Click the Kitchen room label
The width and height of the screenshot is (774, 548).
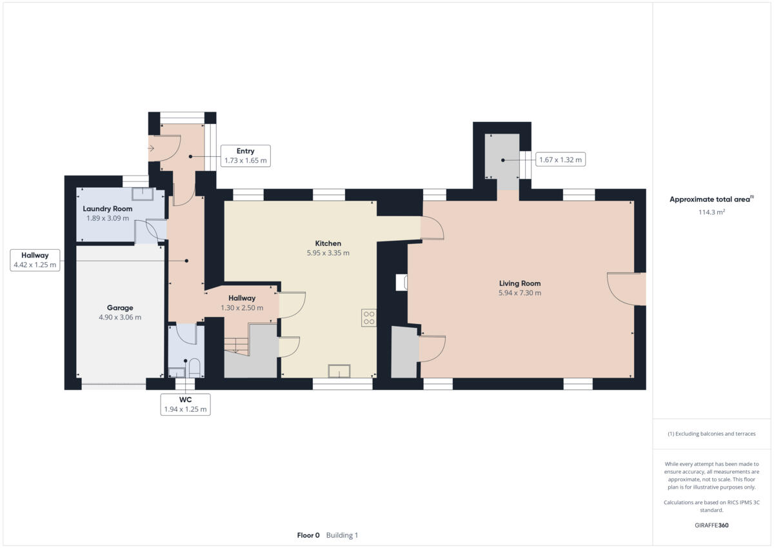point(328,243)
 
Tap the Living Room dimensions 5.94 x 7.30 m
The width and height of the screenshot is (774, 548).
point(519,293)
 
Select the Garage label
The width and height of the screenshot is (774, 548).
point(119,308)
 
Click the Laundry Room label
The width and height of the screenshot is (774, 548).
point(108,208)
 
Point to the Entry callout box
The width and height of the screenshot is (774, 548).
point(245,156)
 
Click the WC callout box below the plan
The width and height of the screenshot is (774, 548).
point(185,404)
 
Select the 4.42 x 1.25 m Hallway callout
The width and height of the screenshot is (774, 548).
point(35,259)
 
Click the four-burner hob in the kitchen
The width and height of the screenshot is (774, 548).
point(369,318)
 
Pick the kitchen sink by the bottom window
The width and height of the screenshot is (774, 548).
point(339,370)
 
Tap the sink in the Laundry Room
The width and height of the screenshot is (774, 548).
point(141,194)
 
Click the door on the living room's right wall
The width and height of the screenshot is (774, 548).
point(626,289)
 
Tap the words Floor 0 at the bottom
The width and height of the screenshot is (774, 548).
point(308,535)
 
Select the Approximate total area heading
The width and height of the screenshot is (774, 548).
point(709,199)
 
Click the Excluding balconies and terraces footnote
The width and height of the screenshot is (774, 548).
point(711,434)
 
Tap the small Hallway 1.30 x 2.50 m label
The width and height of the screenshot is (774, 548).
point(242,303)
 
